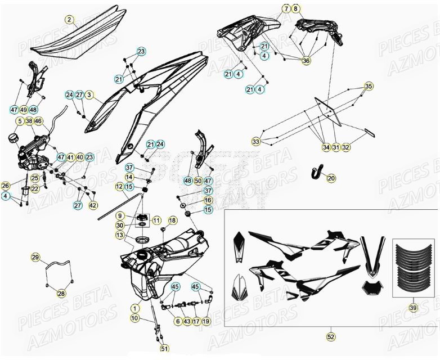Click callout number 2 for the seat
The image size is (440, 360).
[x=69, y=20]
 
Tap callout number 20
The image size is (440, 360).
[x=331, y=178]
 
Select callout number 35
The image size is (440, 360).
[x=369, y=87]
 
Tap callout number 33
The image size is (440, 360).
[x=256, y=142]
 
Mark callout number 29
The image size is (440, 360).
[x=35, y=258]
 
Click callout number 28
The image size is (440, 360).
[x=61, y=293]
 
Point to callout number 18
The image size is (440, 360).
[x=172, y=220]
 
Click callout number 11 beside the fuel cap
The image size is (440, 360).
[x=156, y=220]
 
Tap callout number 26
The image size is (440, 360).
[x=6, y=186]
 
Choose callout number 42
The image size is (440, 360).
[x=93, y=205]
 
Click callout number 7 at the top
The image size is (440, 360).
[x=286, y=9]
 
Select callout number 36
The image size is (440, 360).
[x=306, y=61]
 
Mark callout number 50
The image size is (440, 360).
[x=198, y=181]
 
